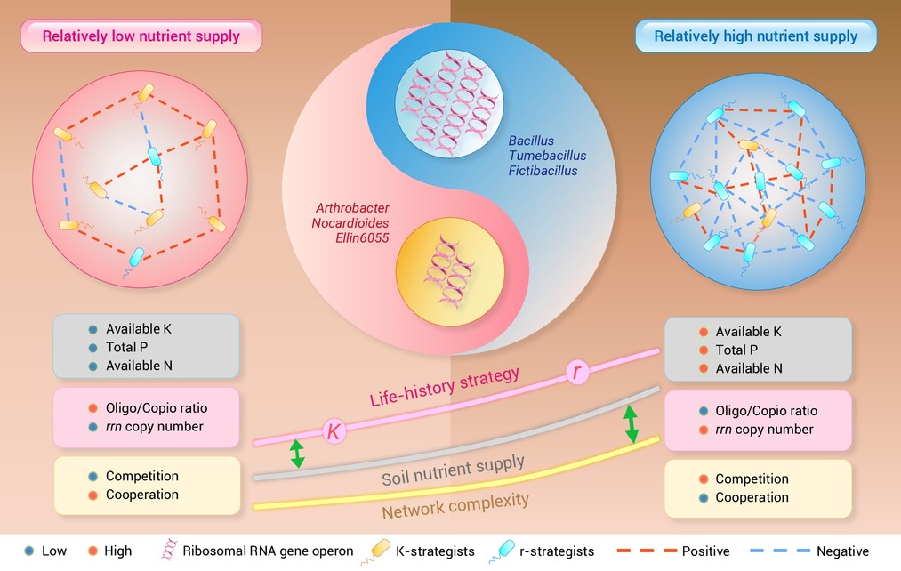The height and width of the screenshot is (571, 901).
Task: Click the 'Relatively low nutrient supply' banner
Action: [141, 36]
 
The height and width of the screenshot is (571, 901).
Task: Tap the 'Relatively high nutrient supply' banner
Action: [756, 36]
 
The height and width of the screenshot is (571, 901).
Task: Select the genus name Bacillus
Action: [531, 141]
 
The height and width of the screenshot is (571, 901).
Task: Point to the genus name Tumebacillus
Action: [548, 156]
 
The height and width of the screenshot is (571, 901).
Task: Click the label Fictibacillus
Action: [543, 171]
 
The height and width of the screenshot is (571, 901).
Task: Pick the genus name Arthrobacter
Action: [352, 208]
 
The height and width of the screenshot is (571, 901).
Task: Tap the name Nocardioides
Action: [350, 223]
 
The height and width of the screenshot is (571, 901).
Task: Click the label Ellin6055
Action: [362, 237]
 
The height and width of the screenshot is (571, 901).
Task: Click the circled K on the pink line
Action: [334, 430]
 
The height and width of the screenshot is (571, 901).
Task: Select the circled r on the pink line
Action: [577, 372]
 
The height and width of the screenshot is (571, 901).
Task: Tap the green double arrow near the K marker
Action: [297, 454]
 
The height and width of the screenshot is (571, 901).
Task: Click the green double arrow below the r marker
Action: [631, 424]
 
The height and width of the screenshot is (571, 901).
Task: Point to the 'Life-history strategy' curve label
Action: [445, 387]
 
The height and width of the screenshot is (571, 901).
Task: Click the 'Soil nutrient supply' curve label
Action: [453, 471]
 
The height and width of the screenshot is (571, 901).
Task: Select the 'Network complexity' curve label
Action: [455, 505]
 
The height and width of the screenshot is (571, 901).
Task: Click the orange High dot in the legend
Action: [93, 551]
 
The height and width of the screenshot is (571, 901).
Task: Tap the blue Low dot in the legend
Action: [29, 551]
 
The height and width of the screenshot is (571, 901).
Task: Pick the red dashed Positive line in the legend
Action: [646, 551]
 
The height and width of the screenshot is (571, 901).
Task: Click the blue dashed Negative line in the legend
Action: [780, 551]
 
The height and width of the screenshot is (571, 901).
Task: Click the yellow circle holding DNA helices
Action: [450, 271]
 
